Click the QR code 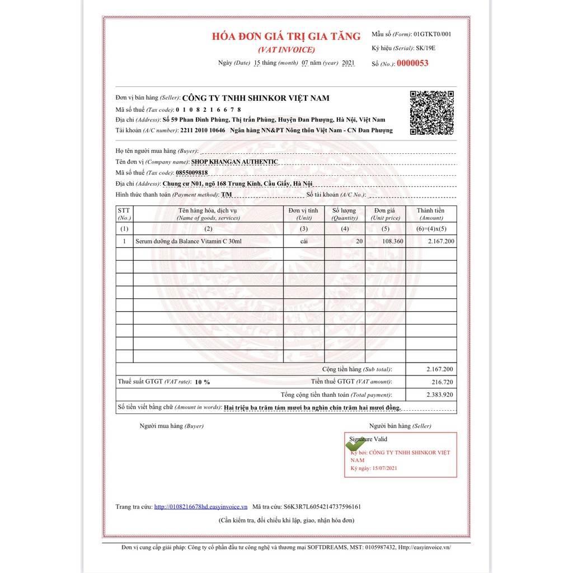[431, 112]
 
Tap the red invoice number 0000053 [412, 63]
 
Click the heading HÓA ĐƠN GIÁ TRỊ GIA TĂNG [286, 36]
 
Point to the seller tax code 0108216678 [208, 110]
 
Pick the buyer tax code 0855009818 [191, 173]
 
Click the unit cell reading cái [304, 241]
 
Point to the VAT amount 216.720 [442, 382]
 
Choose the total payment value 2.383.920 [439, 395]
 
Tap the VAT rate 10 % [203, 382]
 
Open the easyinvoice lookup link [201, 507]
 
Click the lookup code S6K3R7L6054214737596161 [323, 507]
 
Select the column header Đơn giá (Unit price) [386, 214]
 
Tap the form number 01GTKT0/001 [432, 34]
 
